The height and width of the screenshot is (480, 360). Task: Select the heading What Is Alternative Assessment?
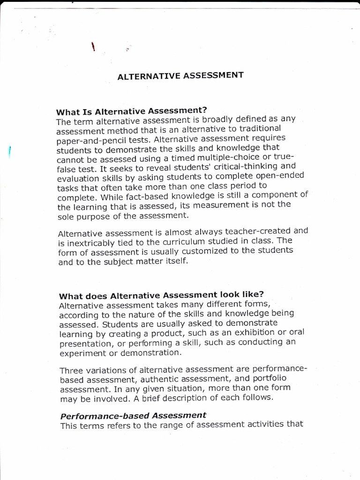pos(131,112)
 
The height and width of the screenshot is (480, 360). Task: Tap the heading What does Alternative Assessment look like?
pos(161,295)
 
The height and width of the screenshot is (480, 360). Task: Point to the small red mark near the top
pos(93,47)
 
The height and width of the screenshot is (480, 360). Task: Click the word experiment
pos(80,353)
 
